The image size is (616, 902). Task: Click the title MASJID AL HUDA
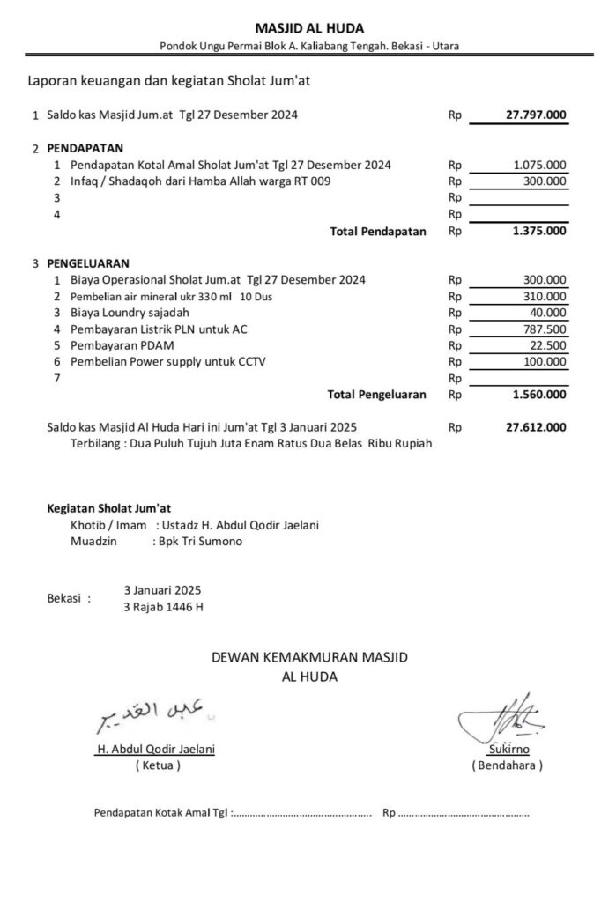(308, 29)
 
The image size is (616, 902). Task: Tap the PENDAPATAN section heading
(85, 147)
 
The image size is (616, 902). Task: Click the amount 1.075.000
(540, 165)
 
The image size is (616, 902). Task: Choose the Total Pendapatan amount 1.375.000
(539, 232)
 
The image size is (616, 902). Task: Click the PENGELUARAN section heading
(88, 262)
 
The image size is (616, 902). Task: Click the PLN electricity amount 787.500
(545, 329)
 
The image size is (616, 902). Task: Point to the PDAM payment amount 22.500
(549, 345)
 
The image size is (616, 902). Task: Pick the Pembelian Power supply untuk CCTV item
(167, 361)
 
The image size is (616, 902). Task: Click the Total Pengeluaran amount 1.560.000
(539, 395)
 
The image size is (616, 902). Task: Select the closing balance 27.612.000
(536, 428)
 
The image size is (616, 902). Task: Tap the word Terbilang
(96, 444)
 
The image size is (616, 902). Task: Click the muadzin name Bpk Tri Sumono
(201, 542)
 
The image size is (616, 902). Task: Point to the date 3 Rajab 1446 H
(164, 607)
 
